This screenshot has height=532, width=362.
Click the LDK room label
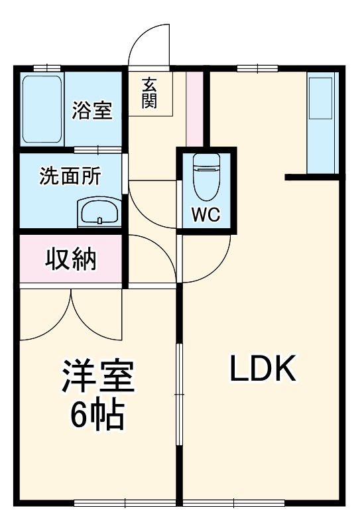(262, 369)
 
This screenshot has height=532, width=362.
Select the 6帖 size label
(97, 415)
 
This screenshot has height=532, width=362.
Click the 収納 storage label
(70, 259)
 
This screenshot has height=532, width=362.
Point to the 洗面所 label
(70, 176)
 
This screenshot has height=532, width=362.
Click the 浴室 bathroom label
(92, 110)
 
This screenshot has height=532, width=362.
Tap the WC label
(206, 215)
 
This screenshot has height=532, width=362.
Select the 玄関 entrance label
(150, 94)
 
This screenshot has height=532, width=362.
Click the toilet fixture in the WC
(206, 176)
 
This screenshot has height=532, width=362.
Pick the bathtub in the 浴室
(42, 109)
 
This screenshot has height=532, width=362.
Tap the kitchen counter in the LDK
(323, 123)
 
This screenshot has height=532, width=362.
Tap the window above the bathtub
(47, 67)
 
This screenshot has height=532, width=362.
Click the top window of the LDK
(257, 67)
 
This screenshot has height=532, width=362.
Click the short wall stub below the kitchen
(312, 176)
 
